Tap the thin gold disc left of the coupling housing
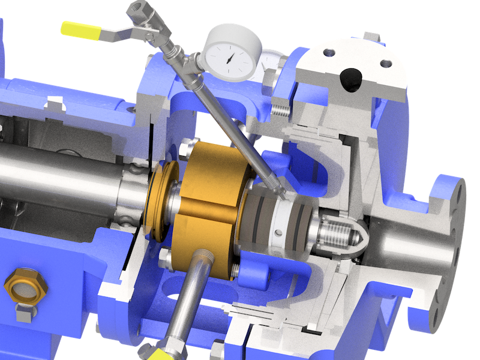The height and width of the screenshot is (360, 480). (158, 202)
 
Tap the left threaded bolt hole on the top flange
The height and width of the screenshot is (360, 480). (329, 53)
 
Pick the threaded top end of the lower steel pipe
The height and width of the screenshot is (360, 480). (202, 258)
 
